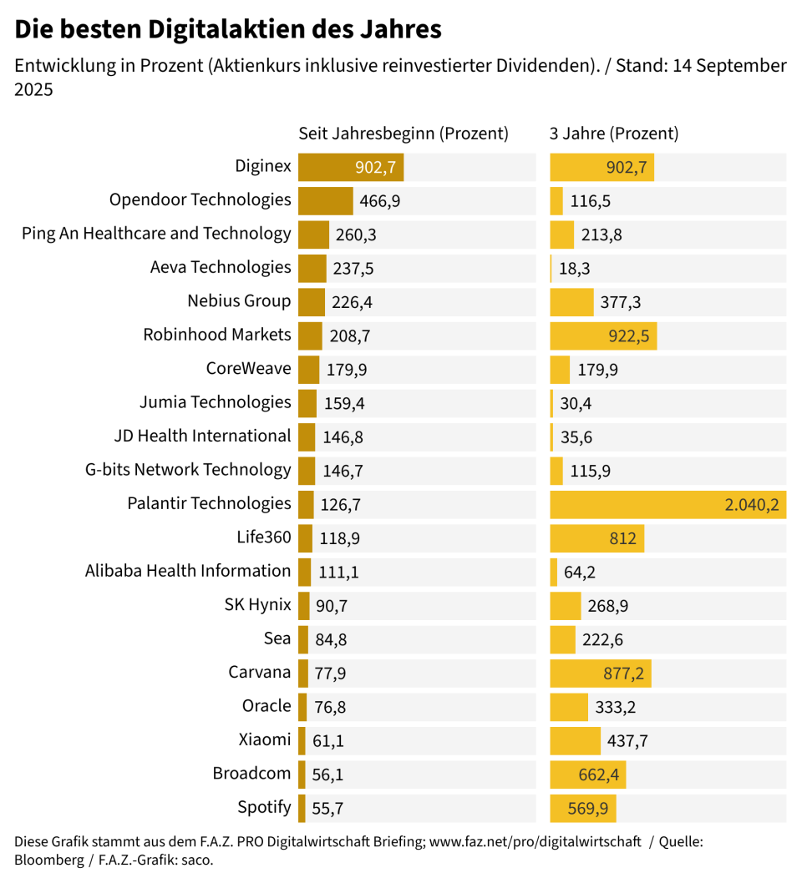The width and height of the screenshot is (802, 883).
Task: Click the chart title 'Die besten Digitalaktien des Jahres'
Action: click(x=228, y=30)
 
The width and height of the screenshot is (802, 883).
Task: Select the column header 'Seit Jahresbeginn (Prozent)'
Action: click(x=404, y=134)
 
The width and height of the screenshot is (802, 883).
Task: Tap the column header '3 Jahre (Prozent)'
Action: click(x=614, y=134)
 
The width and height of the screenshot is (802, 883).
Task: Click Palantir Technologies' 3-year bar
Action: click(x=667, y=504)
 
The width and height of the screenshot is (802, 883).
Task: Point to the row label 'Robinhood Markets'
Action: click(x=217, y=335)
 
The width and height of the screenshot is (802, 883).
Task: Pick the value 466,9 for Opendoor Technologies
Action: click(x=379, y=201)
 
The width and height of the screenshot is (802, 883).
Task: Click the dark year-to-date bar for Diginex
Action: click(x=326, y=167)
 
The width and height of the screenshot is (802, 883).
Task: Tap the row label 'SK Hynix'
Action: click(x=257, y=605)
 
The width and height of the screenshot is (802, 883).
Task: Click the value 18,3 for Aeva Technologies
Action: click(x=576, y=269)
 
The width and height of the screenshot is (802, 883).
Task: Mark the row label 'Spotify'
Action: click(x=264, y=807)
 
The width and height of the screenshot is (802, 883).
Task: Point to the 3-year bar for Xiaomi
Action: click(x=575, y=740)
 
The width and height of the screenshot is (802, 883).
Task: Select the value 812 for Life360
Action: click(x=622, y=538)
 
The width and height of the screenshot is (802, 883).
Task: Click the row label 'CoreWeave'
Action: click(x=248, y=368)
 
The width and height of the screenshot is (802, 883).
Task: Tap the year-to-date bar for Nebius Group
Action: click(x=312, y=302)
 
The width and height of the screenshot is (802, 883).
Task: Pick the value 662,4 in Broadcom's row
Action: click(x=598, y=775)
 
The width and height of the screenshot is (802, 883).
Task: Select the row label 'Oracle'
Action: click(x=266, y=706)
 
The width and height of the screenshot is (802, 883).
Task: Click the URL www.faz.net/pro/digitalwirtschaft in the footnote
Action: click(x=535, y=842)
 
